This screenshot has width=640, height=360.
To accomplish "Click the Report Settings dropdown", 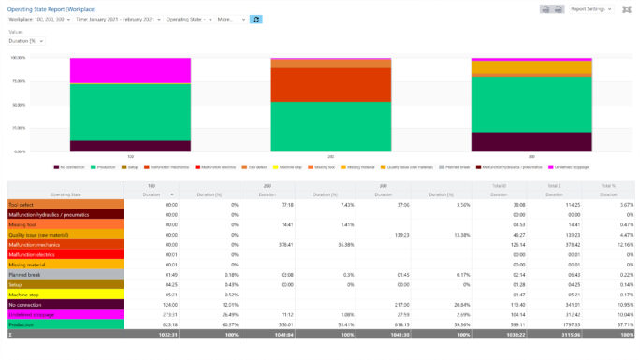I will coord(591,8).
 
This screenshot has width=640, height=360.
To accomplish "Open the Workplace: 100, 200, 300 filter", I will coord(36,19).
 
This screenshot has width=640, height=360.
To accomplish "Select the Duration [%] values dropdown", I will coord(24,40).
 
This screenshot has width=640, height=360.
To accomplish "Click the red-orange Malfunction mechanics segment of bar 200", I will coord(331,85).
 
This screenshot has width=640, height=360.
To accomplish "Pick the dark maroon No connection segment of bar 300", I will coord(531,141).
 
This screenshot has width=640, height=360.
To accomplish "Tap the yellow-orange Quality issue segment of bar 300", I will coord(531,67).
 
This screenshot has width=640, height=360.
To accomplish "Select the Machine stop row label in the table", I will coord(24,294).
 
